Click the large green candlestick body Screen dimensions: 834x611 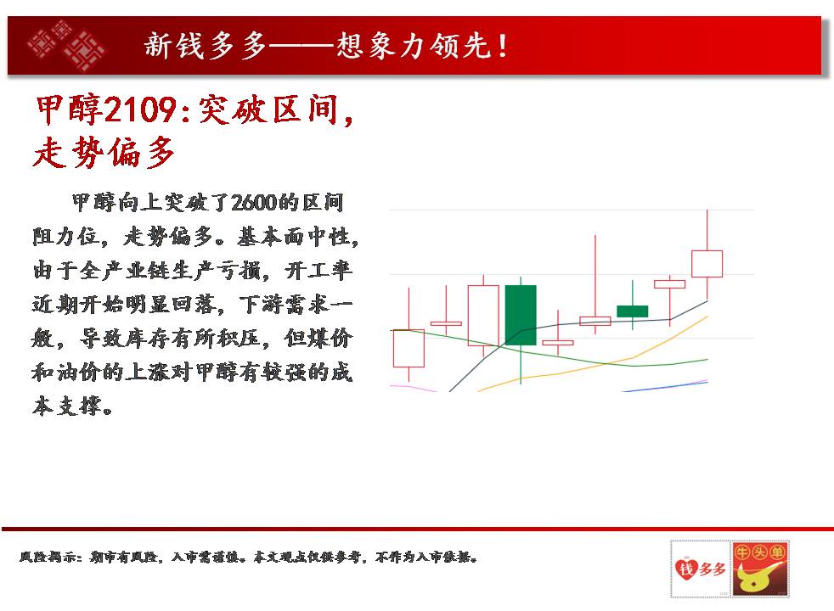[x=520, y=315]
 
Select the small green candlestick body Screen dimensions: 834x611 [x=633, y=311]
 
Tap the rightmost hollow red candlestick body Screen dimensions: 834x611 [x=707, y=264]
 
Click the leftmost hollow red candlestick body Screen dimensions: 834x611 [x=409, y=349]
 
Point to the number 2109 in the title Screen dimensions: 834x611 [x=139, y=110]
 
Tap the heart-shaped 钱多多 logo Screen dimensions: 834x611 [x=700, y=569]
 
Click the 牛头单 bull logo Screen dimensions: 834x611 [x=759, y=569]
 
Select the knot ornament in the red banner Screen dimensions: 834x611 [x=66, y=46]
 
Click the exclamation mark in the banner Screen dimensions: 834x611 [x=502, y=46]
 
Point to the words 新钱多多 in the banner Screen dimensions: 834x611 [x=205, y=46]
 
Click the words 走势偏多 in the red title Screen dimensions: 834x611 [x=104, y=153]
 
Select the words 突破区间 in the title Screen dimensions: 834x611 [x=268, y=110]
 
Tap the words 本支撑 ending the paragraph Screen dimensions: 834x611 [x=66, y=406]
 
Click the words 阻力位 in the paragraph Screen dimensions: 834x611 [x=66, y=237]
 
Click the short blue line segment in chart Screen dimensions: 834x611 [x=665, y=387]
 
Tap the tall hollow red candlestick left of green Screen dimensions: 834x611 [x=483, y=316]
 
